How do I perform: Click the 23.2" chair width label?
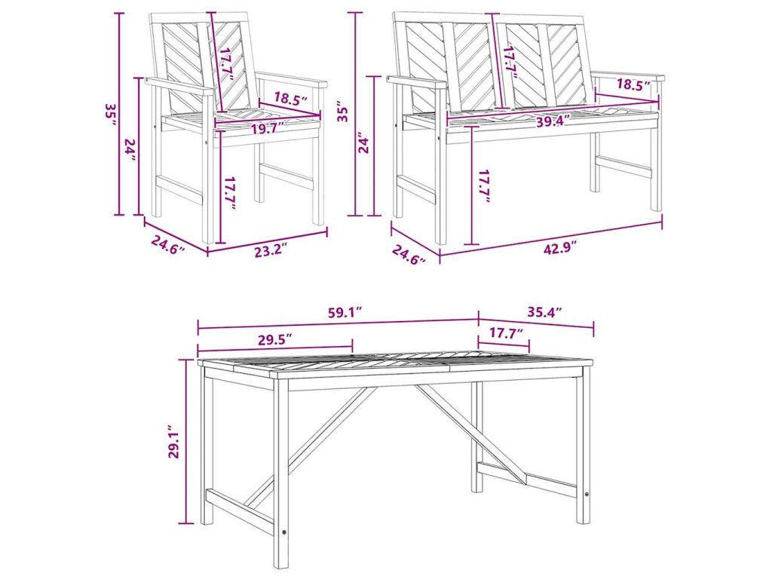pyautogui.click(x=271, y=252)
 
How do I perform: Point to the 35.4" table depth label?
pyautogui.click(x=544, y=311)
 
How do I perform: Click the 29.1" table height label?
pyautogui.click(x=174, y=442)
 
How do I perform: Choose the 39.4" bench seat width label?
pyautogui.click(x=553, y=121)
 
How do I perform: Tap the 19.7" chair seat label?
pyautogui.click(x=268, y=129)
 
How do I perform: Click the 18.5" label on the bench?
pyautogui.click(x=633, y=84)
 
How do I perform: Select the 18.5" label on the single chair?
pyautogui.click(x=290, y=98)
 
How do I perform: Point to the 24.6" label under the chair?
pyautogui.click(x=167, y=244)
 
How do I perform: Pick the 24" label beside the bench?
pyautogui.click(x=363, y=142)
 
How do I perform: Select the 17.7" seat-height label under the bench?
pyautogui.click(x=484, y=185)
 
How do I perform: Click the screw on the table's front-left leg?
pyautogui.click(x=284, y=532)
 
